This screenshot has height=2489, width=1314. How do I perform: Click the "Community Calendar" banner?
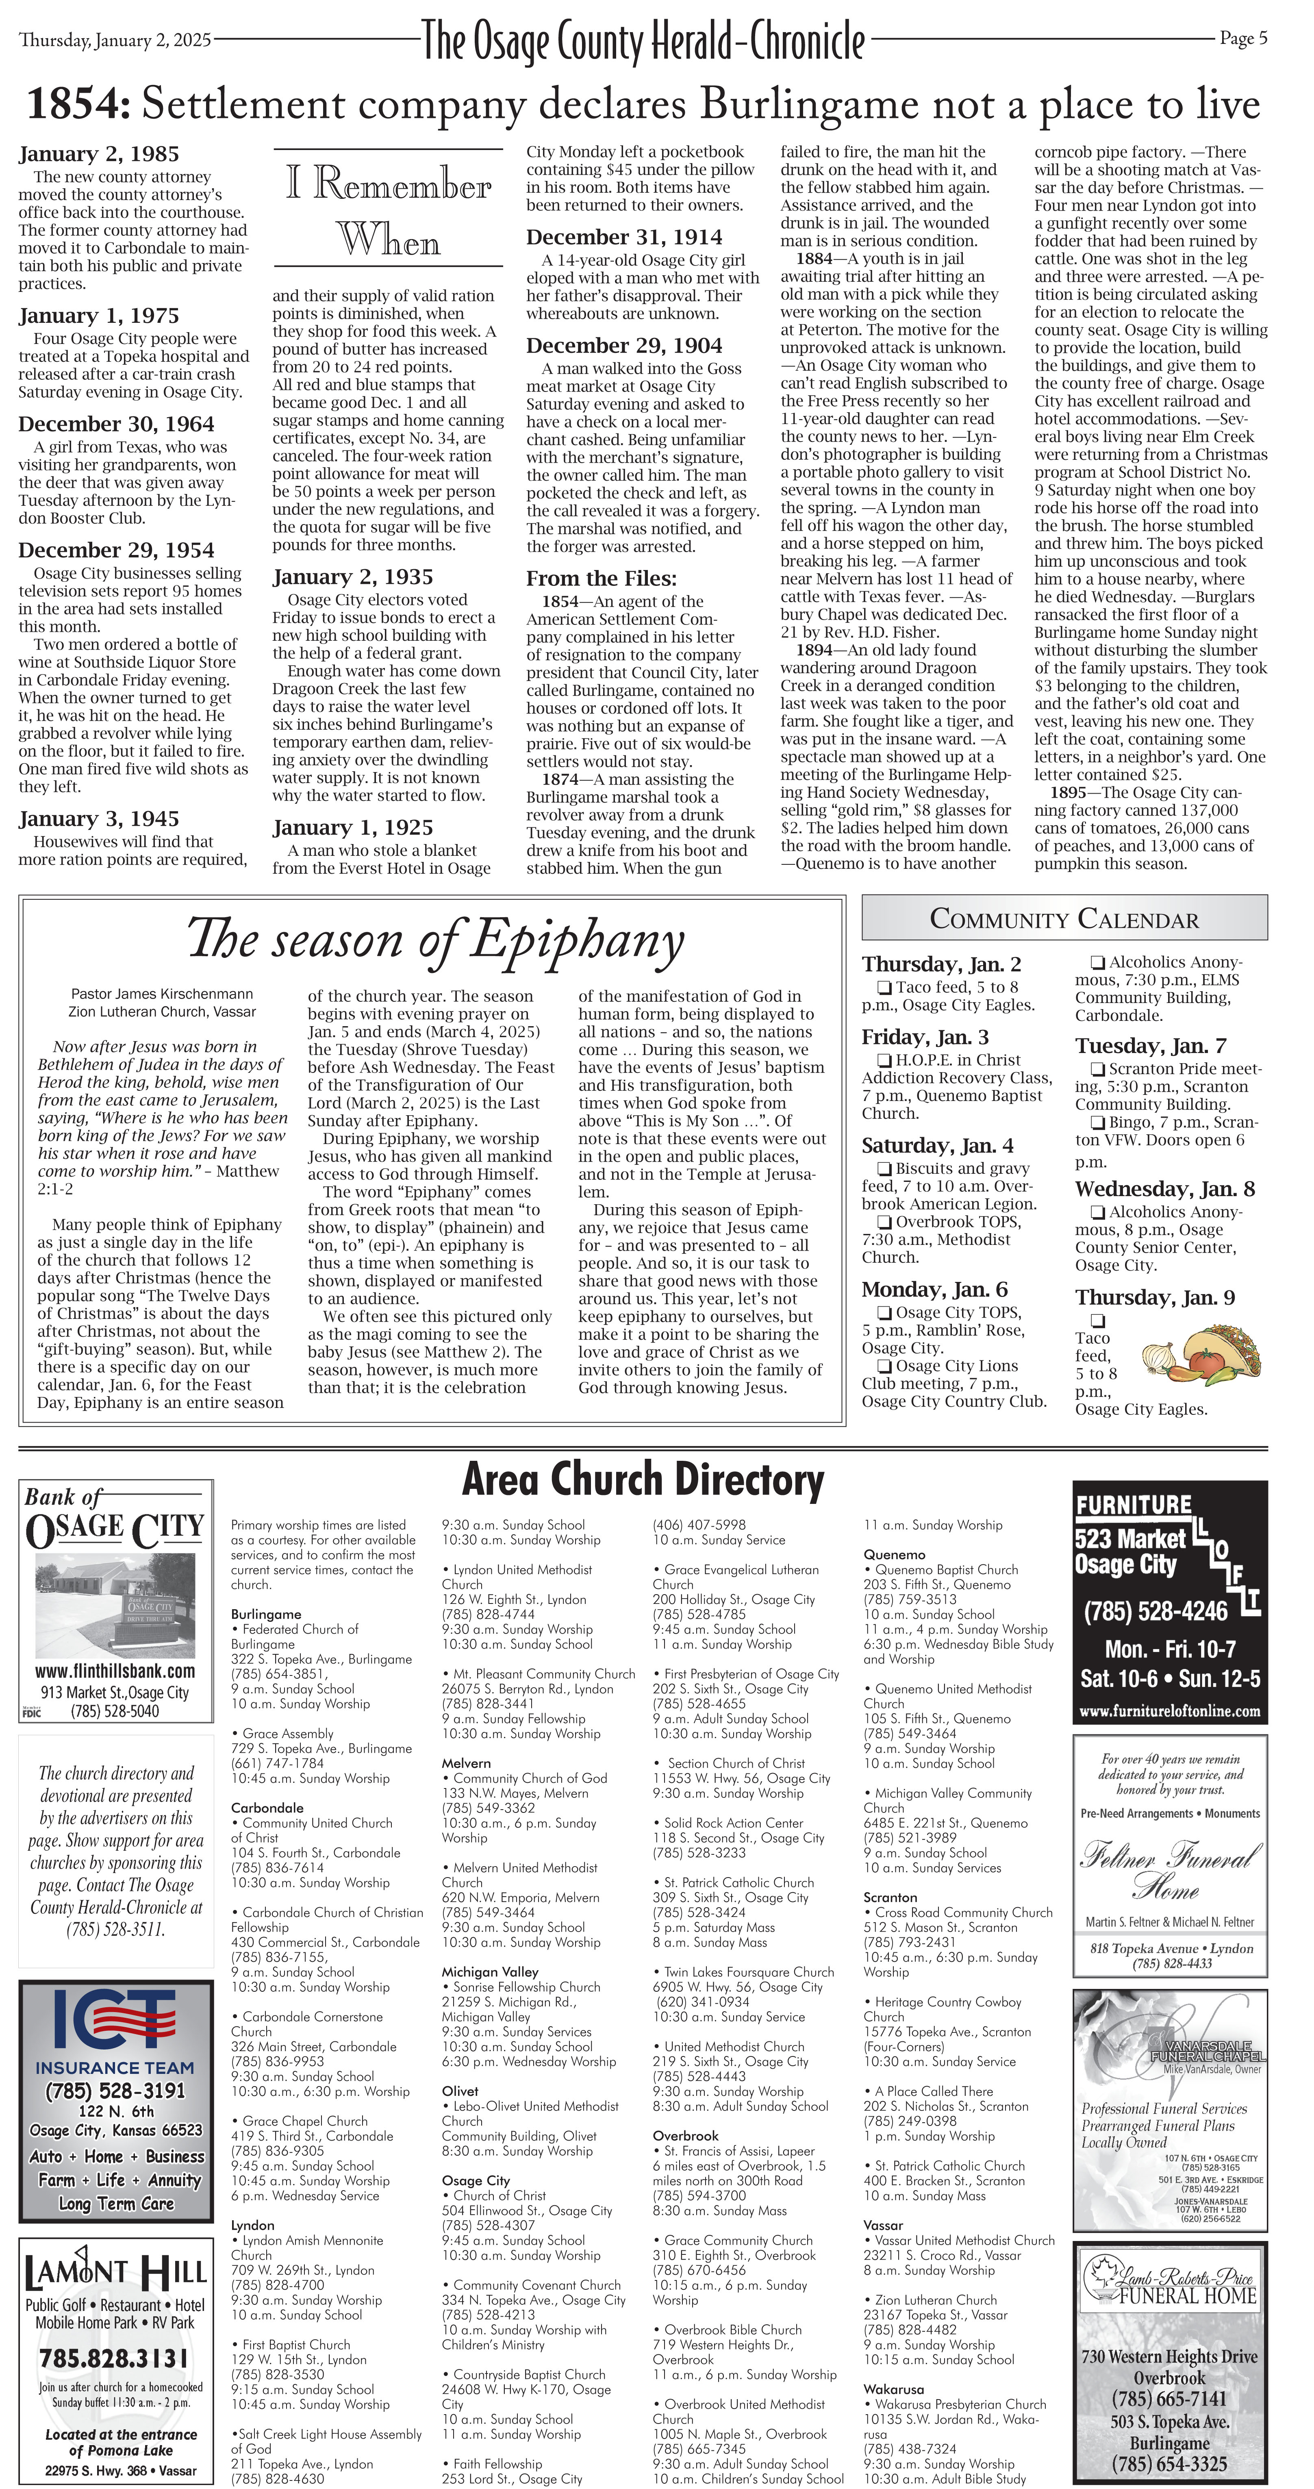(1064, 919)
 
